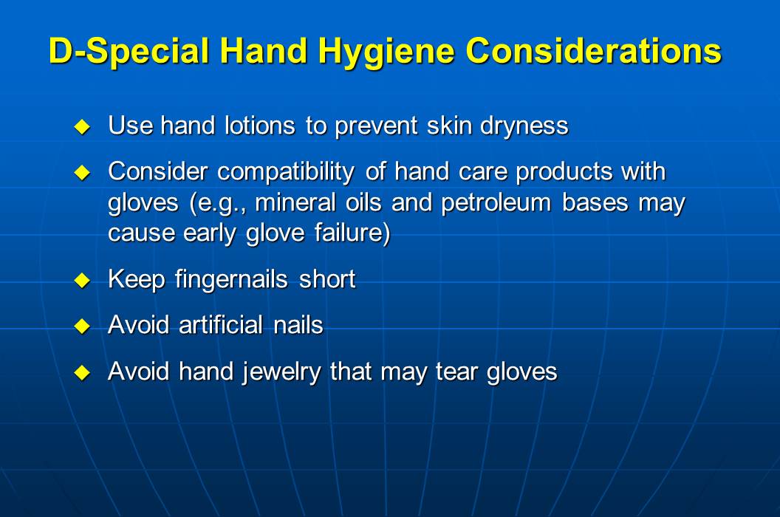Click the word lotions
click(261, 126)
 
